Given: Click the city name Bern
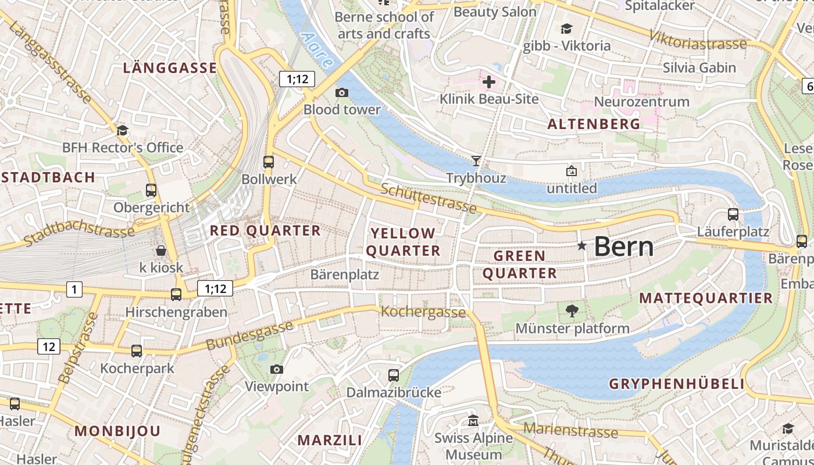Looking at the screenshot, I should click(x=623, y=246).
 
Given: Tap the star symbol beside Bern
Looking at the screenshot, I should click(x=581, y=246).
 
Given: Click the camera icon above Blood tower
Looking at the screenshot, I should click(x=342, y=92).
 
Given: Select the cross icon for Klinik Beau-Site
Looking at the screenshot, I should click(x=489, y=82).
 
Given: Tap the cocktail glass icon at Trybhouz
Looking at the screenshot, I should click(x=476, y=160).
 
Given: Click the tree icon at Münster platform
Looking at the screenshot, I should click(x=572, y=310).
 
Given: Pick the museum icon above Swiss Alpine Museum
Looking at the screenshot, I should click(x=473, y=420).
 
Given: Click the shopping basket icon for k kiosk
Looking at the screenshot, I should click(x=161, y=251).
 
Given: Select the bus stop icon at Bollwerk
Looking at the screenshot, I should click(x=268, y=162).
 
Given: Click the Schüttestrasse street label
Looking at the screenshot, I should click(x=429, y=198).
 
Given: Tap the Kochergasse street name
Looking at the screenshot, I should click(x=423, y=312).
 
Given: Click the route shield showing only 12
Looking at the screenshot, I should click(x=49, y=346).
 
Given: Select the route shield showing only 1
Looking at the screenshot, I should click(x=74, y=288).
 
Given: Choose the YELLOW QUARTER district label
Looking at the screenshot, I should click(x=403, y=242).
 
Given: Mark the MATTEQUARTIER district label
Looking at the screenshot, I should click(x=706, y=298).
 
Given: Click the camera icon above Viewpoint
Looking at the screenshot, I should click(x=277, y=369).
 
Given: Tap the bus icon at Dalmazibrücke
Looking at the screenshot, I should click(x=394, y=375).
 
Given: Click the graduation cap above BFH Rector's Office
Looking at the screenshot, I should click(x=122, y=130).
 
